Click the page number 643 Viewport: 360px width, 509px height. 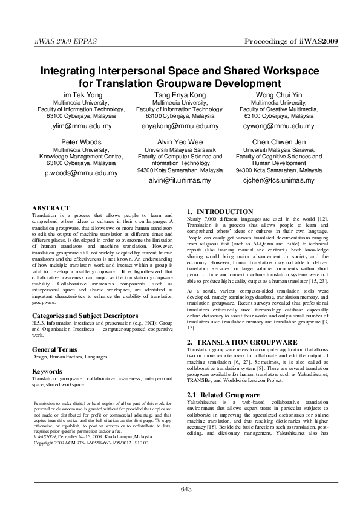coord(186,489)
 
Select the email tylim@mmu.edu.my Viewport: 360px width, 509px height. coord(82,126)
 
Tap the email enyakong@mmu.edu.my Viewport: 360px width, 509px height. coord(180,126)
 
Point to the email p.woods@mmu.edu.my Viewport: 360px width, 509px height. coord(82,172)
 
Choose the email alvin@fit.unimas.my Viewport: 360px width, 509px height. coord(180,180)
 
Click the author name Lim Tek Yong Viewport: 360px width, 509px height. coord(82,95)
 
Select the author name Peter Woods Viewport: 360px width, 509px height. coord(82,141)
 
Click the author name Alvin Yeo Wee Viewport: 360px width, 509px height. coord(180,141)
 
